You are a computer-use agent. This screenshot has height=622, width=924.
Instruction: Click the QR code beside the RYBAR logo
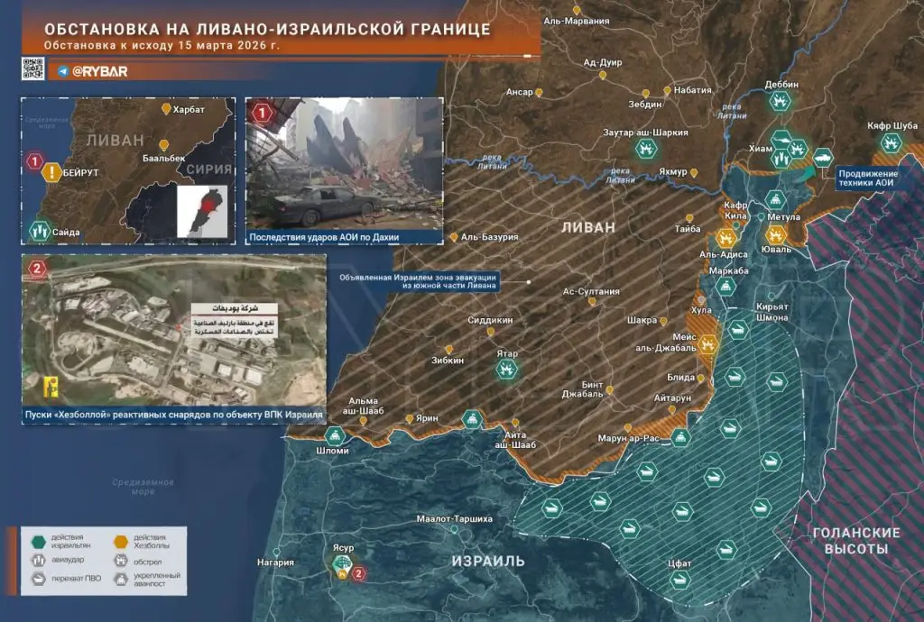point(33,69)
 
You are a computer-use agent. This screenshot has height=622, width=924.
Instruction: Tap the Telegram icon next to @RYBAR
point(63,69)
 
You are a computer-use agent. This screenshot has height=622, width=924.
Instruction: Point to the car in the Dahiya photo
point(326,206)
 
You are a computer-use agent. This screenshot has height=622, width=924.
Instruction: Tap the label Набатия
point(692,90)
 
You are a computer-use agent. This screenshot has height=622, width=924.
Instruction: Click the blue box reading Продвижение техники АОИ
point(868,178)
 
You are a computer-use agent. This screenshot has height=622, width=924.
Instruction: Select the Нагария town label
point(275,563)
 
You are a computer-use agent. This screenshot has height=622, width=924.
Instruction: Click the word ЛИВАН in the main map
point(587,226)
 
